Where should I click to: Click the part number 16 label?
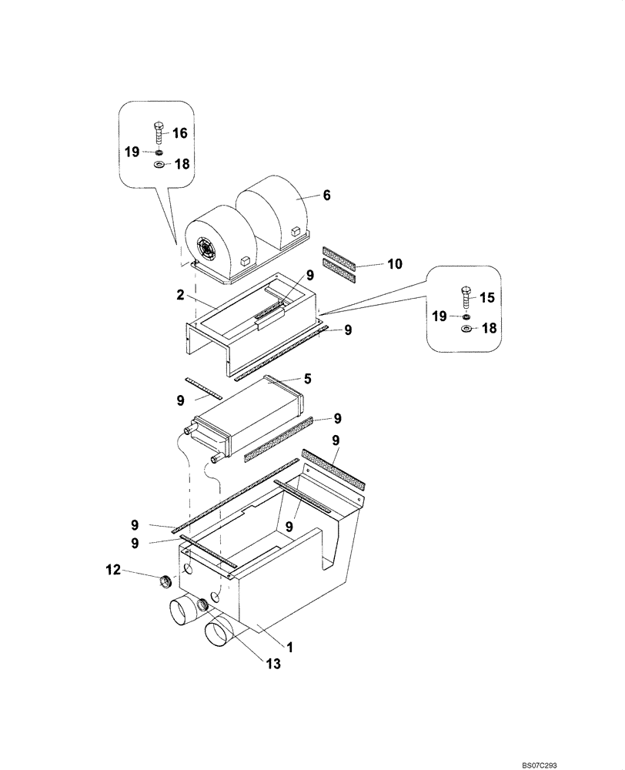pyautogui.click(x=179, y=133)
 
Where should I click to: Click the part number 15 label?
pyautogui.click(x=488, y=296)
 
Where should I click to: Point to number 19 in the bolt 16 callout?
pyautogui.click(x=132, y=152)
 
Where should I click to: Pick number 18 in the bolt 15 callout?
pyautogui.click(x=489, y=329)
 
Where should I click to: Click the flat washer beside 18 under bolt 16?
pyautogui.click(x=159, y=164)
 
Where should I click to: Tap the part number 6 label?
pyautogui.click(x=326, y=196)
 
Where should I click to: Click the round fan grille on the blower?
pyautogui.click(x=206, y=249)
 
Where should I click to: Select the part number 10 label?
pyautogui.click(x=394, y=264)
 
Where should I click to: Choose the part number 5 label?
pyautogui.click(x=307, y=379)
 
